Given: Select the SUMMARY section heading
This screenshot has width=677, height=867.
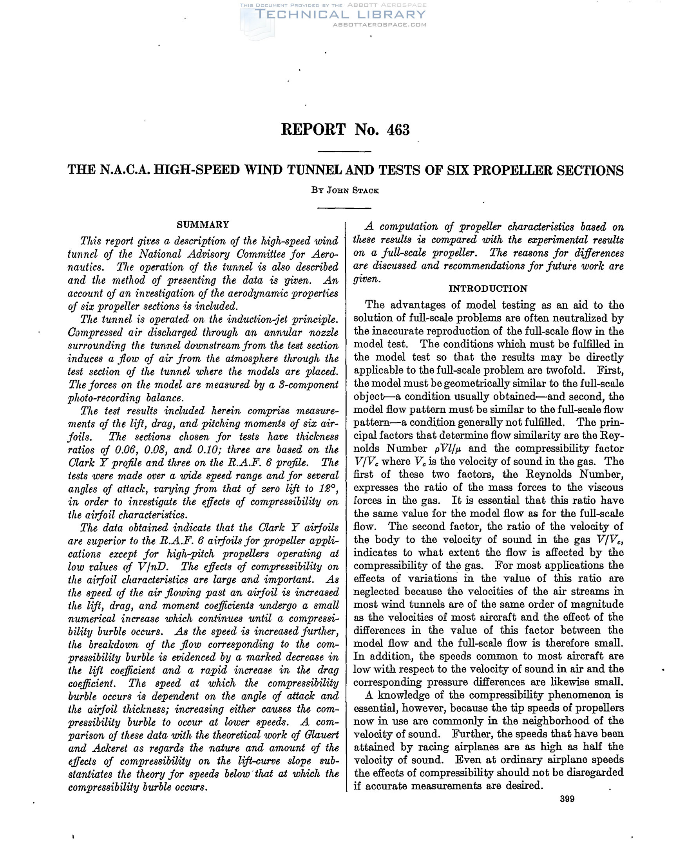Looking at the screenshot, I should coord(203,225).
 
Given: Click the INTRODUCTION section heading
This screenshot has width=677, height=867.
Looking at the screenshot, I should coord(488,289).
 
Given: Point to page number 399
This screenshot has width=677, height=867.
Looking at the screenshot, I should coord(567,799).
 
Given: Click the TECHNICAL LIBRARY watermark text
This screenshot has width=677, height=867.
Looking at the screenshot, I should coord(340,15).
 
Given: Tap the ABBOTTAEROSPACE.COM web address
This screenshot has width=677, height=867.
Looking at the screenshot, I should coord(380,25).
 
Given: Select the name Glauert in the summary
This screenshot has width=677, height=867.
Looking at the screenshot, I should coord(323,735).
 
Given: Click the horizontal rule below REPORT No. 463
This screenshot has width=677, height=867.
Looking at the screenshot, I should coord(345,152).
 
